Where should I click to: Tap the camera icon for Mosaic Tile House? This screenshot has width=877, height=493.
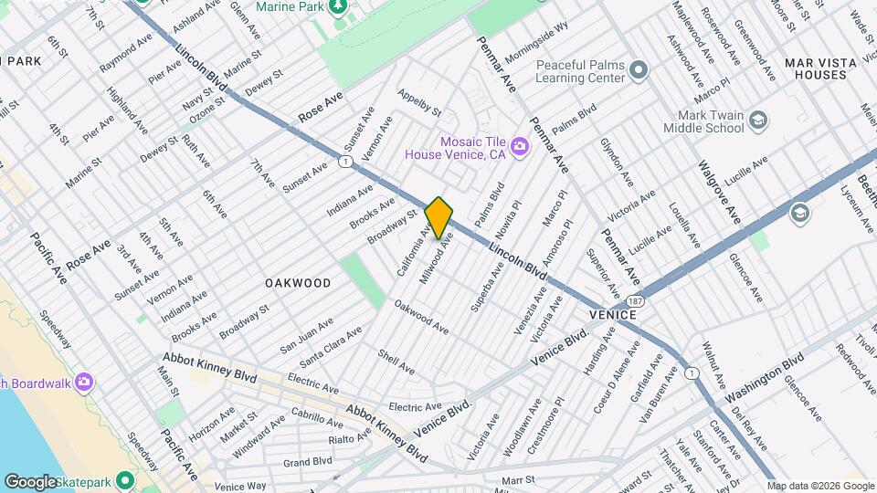click(x=519, y=147)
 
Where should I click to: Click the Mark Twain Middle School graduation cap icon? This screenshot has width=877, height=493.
click(x=757, y=121)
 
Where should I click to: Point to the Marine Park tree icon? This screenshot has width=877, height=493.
click(x=339, y=7)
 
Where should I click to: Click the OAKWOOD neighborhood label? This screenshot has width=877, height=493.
click(x=298, y=283)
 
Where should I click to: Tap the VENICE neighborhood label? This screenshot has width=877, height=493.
click(x=609, y=313)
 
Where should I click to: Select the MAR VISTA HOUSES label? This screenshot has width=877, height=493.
click(x=821, y=68)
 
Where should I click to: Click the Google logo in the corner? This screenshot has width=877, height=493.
click(x=31, y=481)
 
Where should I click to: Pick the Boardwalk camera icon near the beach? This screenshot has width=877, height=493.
click(x=84, y=381)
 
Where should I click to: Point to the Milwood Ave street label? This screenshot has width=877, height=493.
click(x=437, y=258)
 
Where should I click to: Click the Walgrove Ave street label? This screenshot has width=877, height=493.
click(x=718, y=192)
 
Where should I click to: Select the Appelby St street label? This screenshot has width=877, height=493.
click(x=419, y=101)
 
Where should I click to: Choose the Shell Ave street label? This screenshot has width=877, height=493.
click(x=396, y=361)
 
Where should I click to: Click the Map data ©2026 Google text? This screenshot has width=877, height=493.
click(x=819, y=486)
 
